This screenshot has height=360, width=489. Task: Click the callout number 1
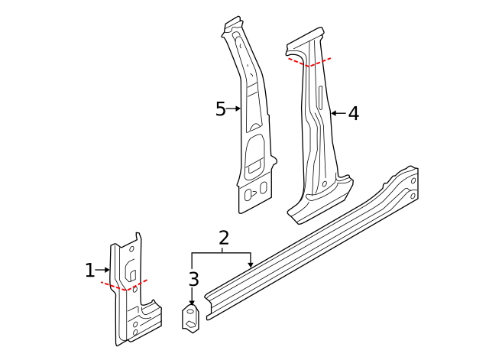(89, 270)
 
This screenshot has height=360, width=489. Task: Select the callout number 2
(223, 237)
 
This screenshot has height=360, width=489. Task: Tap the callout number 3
(193, 279)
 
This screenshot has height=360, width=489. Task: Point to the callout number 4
(353, 113)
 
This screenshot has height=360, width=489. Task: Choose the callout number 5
(220, 109)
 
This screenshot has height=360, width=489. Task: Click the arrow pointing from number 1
(102, 270)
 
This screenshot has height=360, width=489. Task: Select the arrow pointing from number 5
(234, 109)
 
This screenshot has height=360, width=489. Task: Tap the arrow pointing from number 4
(337, 113)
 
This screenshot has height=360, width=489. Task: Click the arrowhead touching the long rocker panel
(251, 264)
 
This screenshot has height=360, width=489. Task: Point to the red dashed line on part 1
(124, 285)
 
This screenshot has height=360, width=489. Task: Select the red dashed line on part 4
(309, 62)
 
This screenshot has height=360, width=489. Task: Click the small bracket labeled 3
(190, 317)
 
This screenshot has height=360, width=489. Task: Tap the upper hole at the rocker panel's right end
(413, 180)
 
